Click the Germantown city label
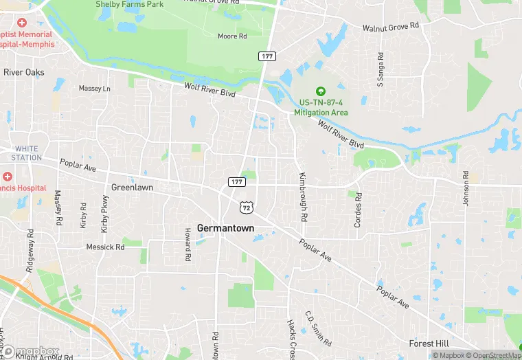pos(225,228)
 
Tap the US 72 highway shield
pos(245,206)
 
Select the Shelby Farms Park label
pos(129,4)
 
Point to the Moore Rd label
pos(231,36)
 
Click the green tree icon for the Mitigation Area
pos(319,91)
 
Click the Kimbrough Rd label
pos(301,196)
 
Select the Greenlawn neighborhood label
pos(132,187)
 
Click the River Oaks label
pos(23,72)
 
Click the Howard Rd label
pos(187,245)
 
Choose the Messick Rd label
pos(105,247)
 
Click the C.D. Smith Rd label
pos(318,328)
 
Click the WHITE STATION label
pos(27,153)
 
